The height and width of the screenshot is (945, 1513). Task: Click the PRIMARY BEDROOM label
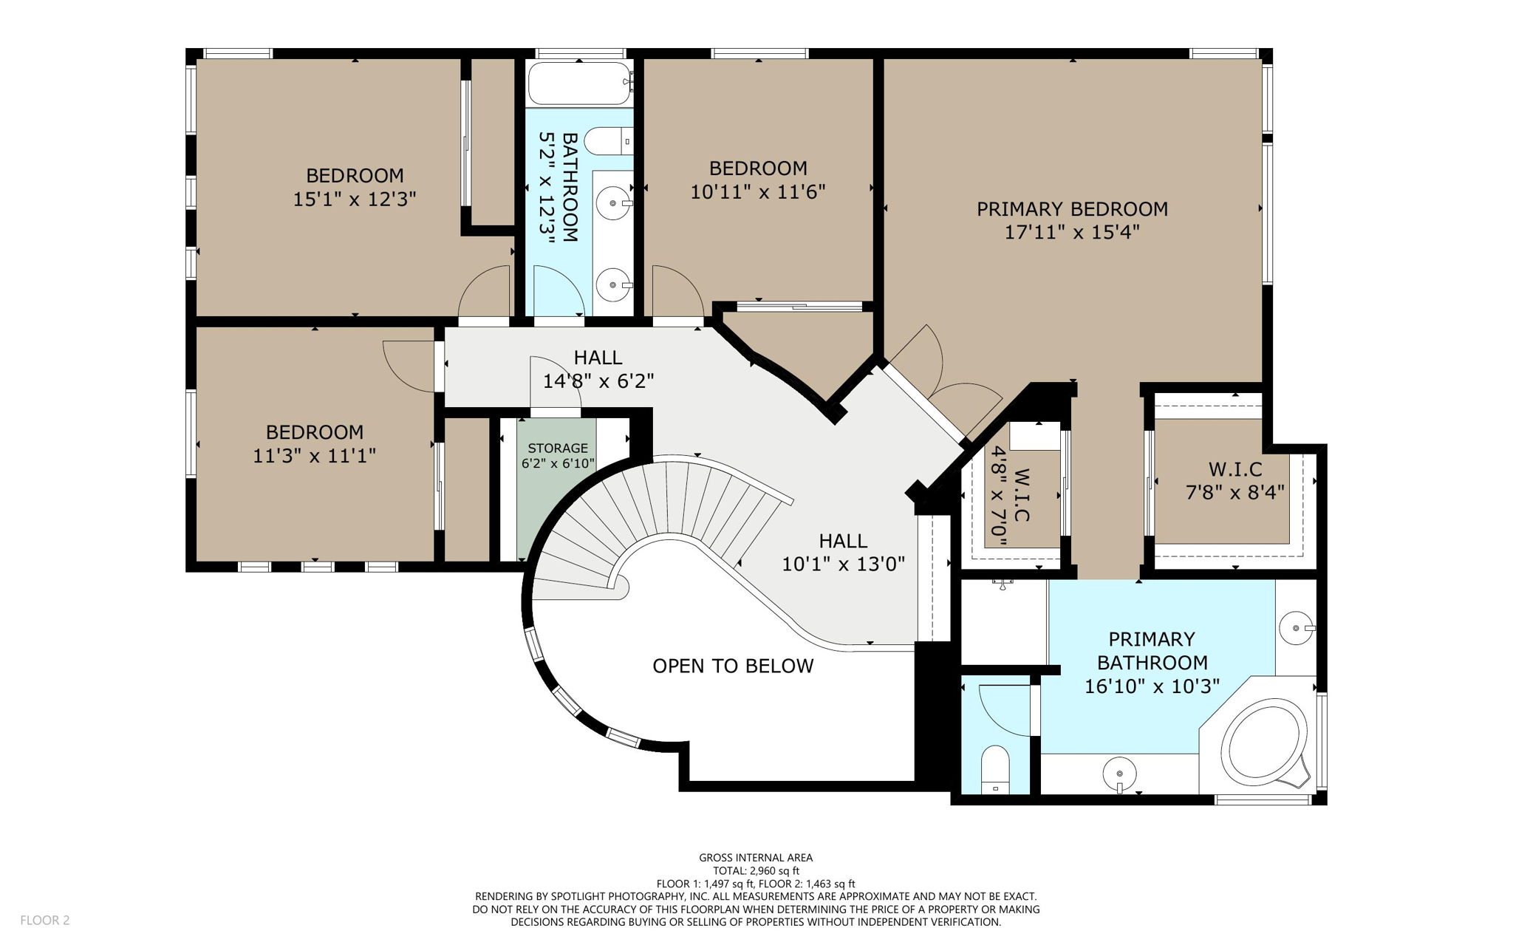click(x=1072, y=209)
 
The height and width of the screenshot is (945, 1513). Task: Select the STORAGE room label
click(x=558, y=448)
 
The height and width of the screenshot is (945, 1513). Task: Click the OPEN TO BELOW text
click(x=733, y=666)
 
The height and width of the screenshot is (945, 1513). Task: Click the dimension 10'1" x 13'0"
click(x=843, y=564)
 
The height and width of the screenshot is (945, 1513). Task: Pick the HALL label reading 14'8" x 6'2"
click(x=598, y=358)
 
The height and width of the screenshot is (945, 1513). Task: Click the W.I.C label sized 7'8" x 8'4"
click(x=1234, y=470)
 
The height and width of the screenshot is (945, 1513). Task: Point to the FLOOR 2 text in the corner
click(x=44, y=920)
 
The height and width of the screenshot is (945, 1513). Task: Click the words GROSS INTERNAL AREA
click(x=756, y=858)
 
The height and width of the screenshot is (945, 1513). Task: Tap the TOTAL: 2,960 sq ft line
click(x=756, y=871)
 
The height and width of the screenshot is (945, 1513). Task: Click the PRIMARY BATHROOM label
click(x=1152, y=651)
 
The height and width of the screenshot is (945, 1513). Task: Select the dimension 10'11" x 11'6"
click(x=757, y=192)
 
